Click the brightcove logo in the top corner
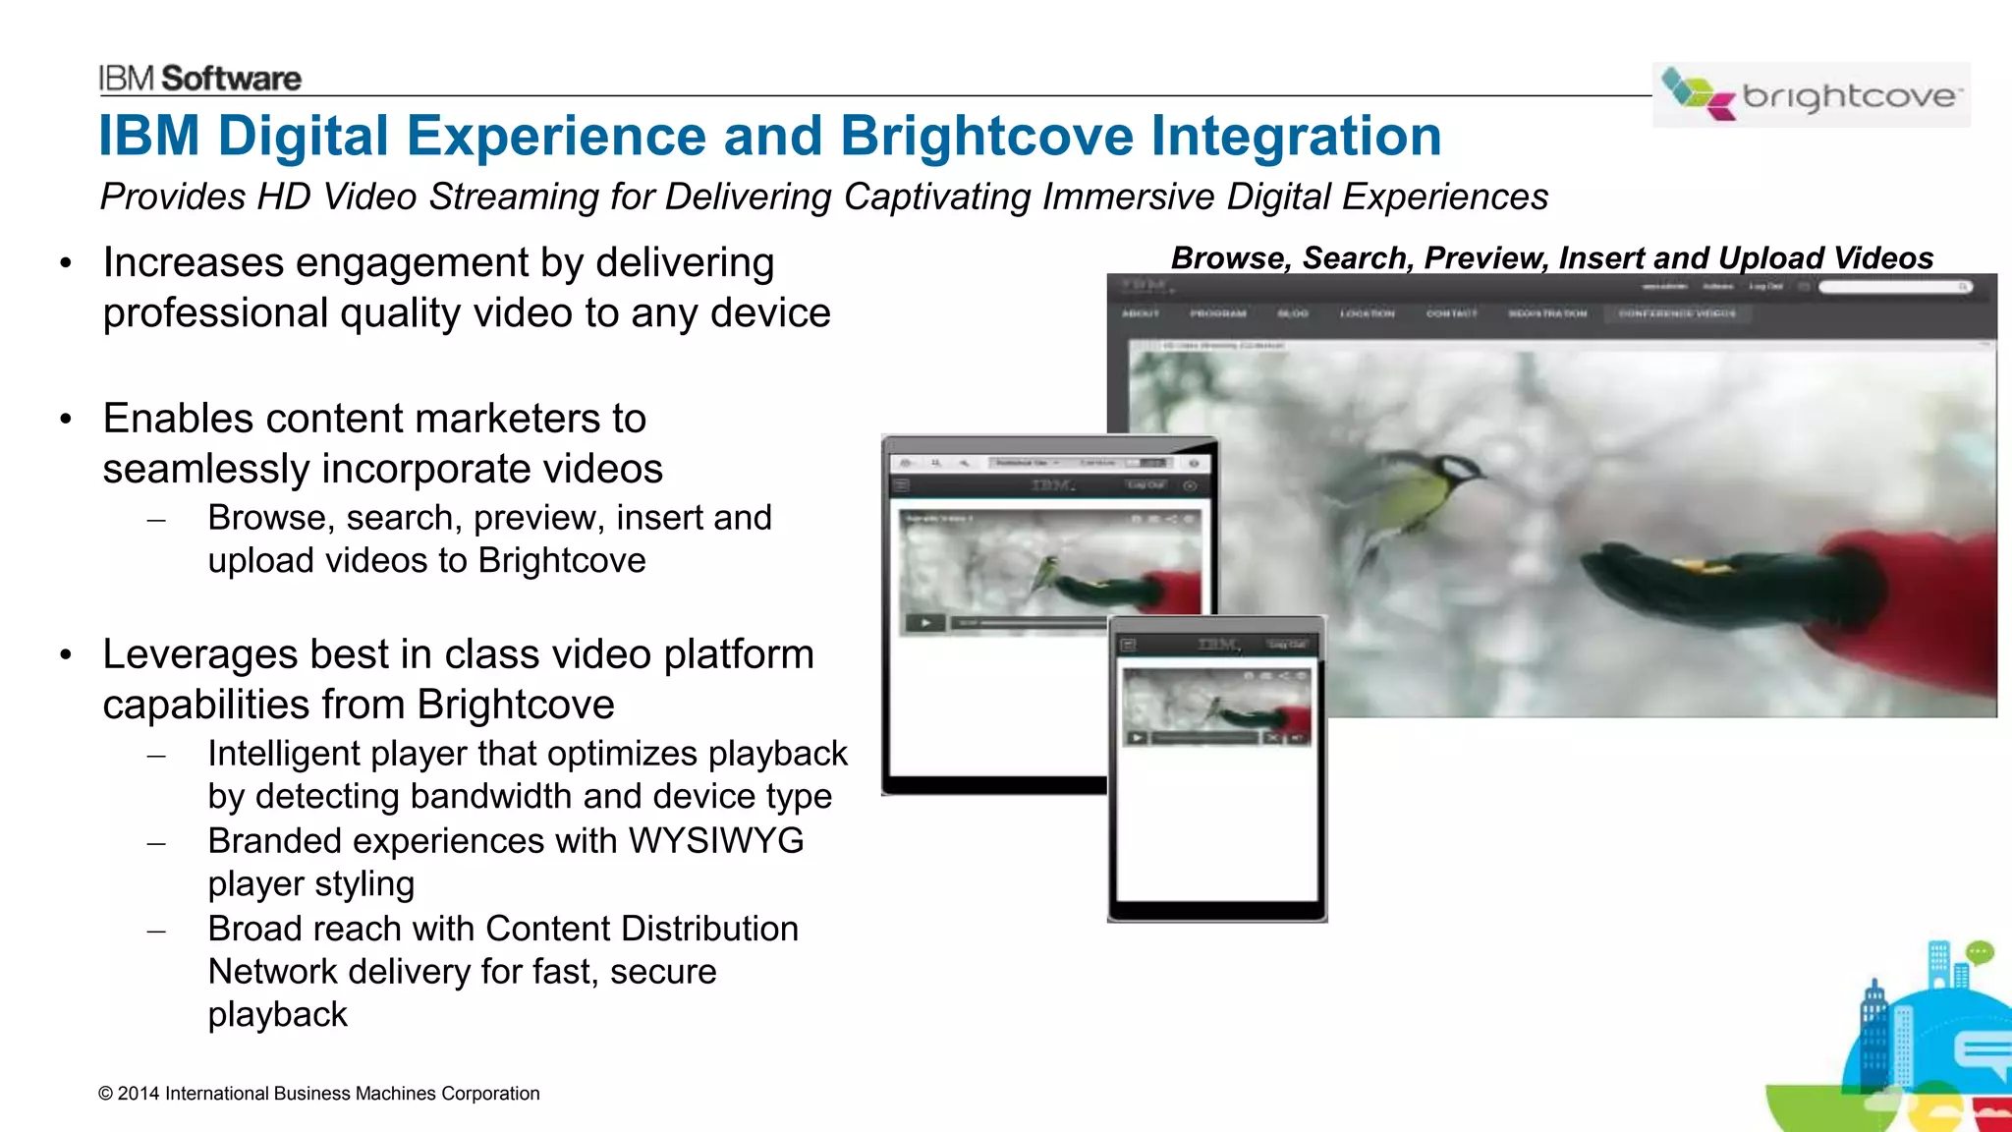tap(1811, 94)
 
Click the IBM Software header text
tap(199, 79)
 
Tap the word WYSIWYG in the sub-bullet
tap(715, 841)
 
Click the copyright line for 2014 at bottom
tap(318, 1094)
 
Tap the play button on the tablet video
tap(925, 622)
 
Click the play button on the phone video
tap(1137, 738)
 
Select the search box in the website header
tap(1891, 287)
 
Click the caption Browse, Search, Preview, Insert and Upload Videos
tap(1551, 257)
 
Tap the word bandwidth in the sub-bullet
tap(492, 797)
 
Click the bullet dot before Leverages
tap(66, 654)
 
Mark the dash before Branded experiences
tap(156, 843)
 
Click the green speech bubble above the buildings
tap(1979, 951)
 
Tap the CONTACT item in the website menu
tap(1451, 313)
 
